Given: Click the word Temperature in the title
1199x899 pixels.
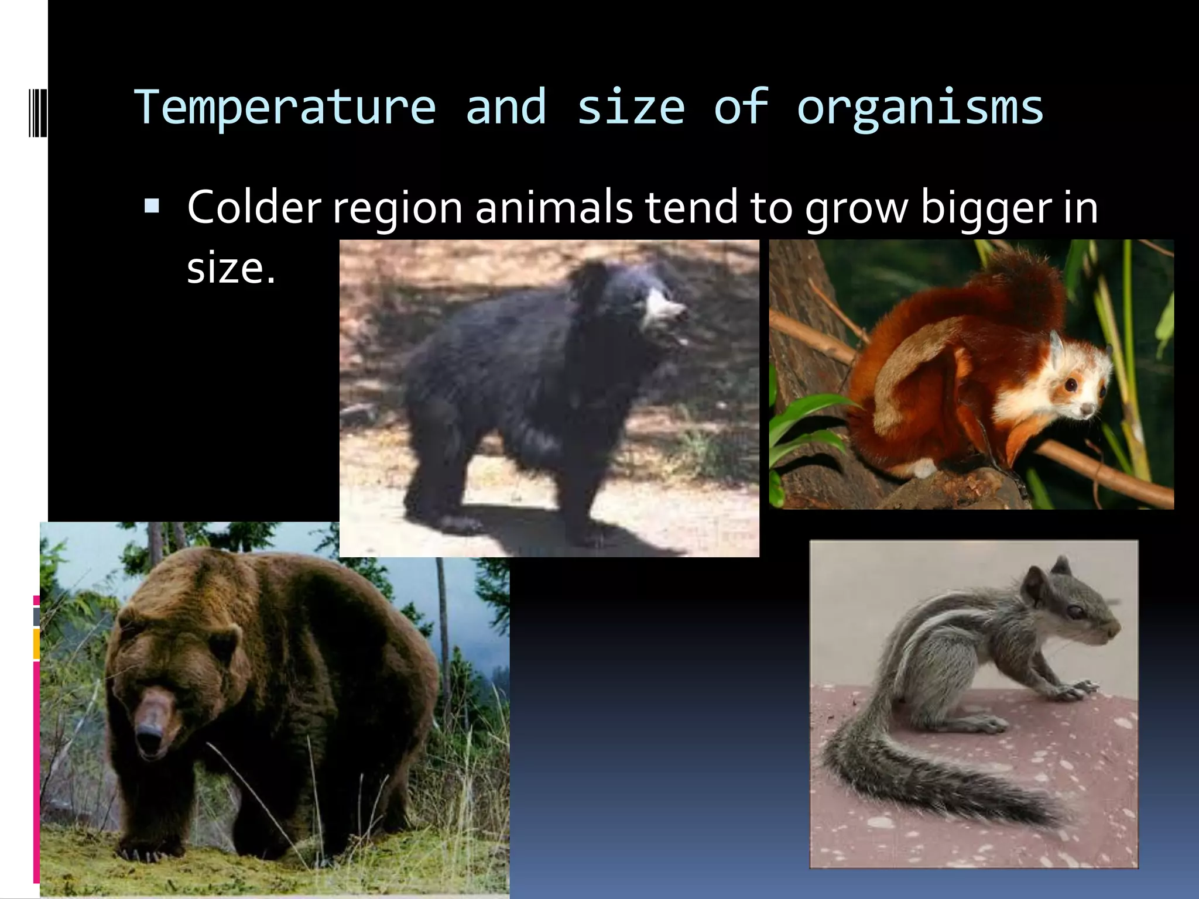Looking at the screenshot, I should pos(285,108).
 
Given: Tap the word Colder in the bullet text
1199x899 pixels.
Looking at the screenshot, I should pos(253,208).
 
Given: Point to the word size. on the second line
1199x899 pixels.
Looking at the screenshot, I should pos(231,269).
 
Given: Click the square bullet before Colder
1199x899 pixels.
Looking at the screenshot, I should pos(152,206).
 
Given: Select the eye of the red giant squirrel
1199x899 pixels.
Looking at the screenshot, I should pos(1071,385).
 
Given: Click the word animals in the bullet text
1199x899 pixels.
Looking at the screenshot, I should pos(554,208).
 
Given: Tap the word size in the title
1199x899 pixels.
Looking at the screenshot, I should pos(631,108).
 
